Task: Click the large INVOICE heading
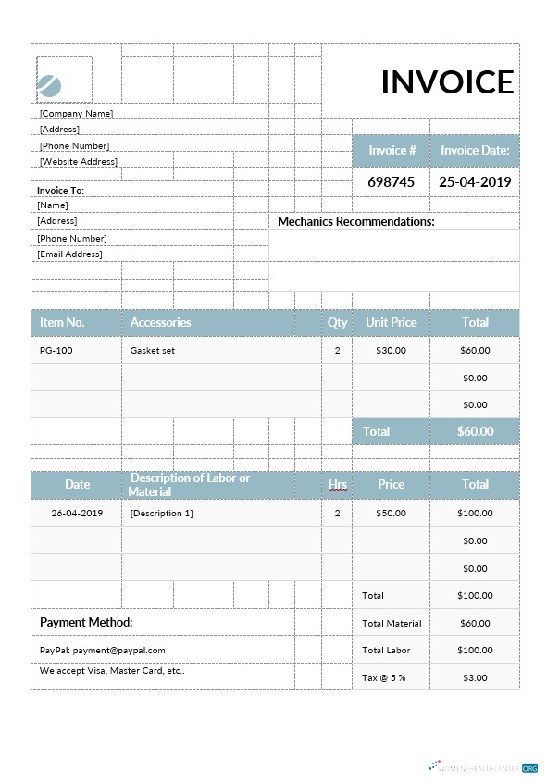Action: tap(447, 82)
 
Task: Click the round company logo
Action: tap(50, 86)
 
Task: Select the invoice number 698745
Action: tap(391, 181)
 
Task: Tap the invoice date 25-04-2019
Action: tap(474, 181)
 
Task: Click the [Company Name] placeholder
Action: tap(76, 113)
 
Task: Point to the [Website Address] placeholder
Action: tap(78, 162)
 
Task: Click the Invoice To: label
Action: tap(60, 191)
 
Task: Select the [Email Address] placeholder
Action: tap(69, 254)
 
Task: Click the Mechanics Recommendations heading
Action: tap(356, 222)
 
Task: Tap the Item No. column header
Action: tap(62, 322)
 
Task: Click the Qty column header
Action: tap(337, 322)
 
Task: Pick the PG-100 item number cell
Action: tap(56, 351)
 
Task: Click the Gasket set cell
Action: tap(152, 351)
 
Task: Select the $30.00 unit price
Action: tap(391, 351)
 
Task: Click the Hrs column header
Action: tap(337, 484)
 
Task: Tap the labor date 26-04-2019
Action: tap(77, 513)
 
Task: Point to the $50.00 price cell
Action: tap(391, 513)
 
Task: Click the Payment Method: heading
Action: tap(86, 623)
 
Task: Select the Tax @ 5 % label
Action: tap(383, 678)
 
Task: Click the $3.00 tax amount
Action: tap(474, 678)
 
